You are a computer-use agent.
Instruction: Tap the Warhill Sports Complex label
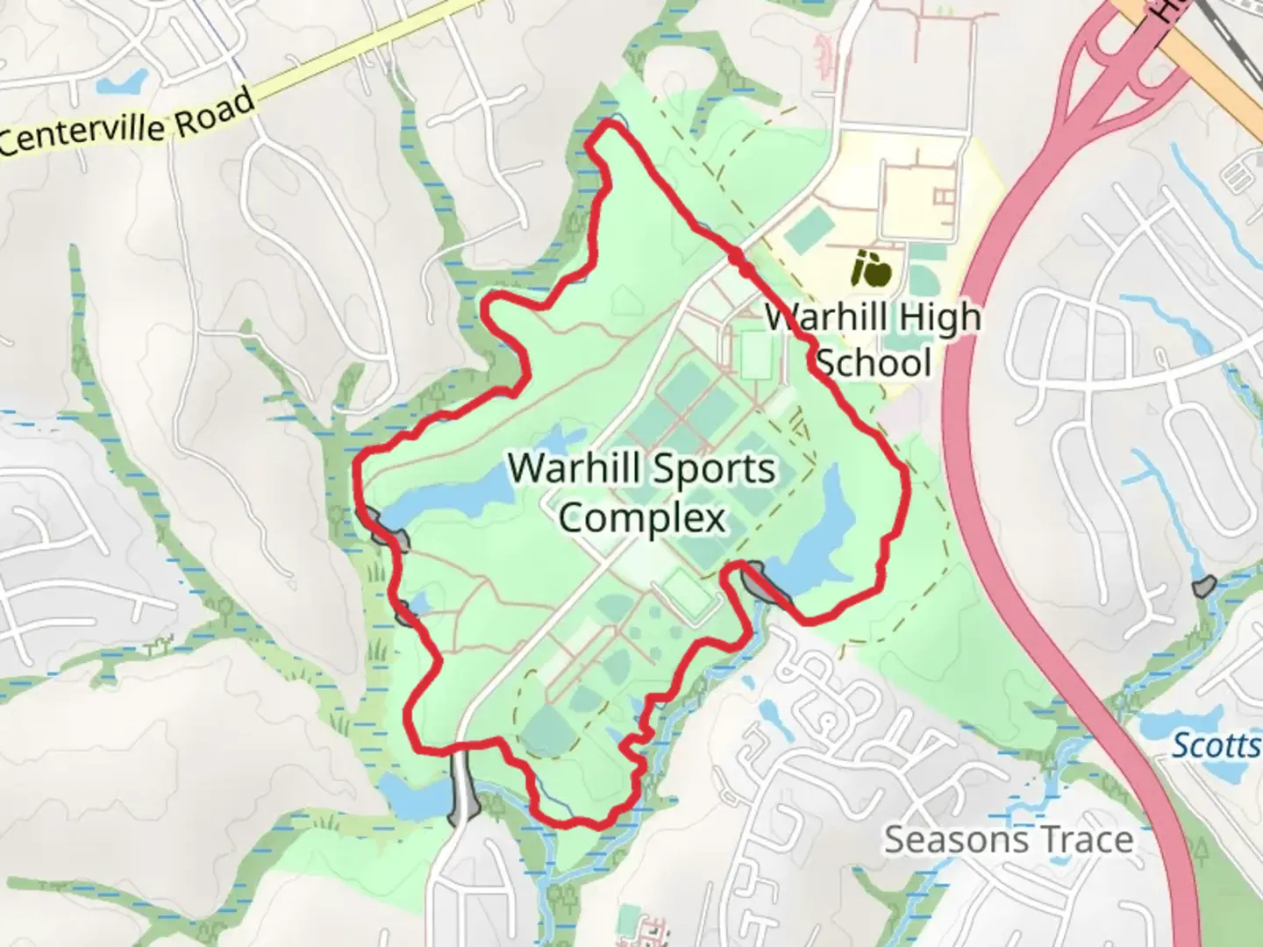coord(642,493)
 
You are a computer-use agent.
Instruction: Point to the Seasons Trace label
coord(1009,839)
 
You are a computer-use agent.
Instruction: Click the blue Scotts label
coord(1217,745)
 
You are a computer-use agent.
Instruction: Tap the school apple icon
coord(872,268)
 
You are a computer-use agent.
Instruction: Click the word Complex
coord(642,518)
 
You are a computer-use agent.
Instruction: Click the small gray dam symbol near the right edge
coord(1202,586)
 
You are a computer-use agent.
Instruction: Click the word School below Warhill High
coord(873,362)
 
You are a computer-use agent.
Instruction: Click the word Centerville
coord(84,135)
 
